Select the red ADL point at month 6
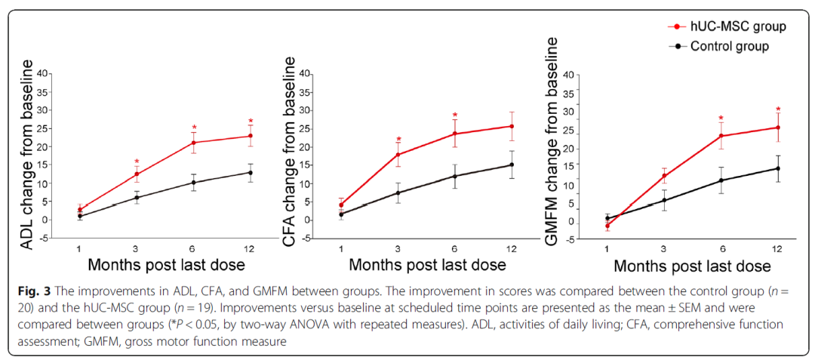[194, 143]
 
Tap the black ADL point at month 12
[251, 173]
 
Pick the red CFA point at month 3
[398, 155]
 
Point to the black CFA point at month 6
[455, 177]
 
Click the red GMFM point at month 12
[777, 128]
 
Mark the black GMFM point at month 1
[607, 218]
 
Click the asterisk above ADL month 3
[137, 162]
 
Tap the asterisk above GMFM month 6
[721, 118]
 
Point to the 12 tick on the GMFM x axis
[777, 248]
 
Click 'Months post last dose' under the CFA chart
[428, 265]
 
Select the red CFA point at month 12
[512, 126]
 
